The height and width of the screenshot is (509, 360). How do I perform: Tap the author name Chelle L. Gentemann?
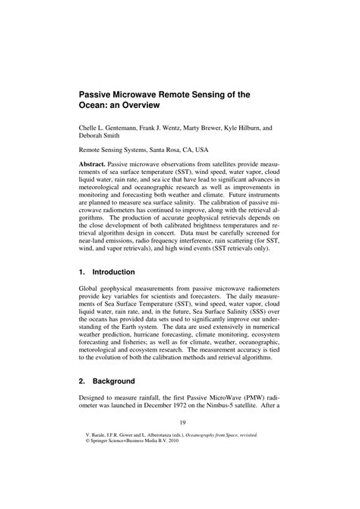click(x=109, y=129)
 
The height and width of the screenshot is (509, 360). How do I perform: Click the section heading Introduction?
click(x=113, y=272)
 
